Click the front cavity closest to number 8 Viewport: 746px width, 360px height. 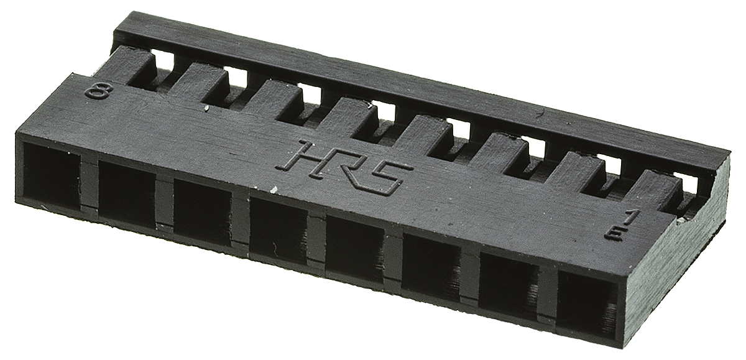coord(52,177)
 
